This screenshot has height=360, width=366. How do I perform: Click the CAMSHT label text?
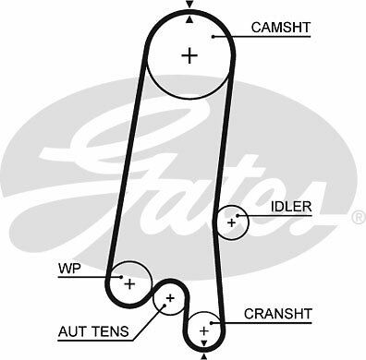pos(280,28)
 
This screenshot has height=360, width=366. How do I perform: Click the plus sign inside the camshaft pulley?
pos(189,55)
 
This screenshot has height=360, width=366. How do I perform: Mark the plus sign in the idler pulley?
pos(232,222)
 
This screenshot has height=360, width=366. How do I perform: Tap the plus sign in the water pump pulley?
pos(129,282)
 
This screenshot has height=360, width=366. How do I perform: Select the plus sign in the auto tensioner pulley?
pos(170,298)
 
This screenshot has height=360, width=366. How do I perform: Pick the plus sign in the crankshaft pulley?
pos(203,330)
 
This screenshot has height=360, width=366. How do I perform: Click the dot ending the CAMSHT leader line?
pos(213,37)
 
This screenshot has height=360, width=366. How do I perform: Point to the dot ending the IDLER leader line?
pos(242,215)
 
